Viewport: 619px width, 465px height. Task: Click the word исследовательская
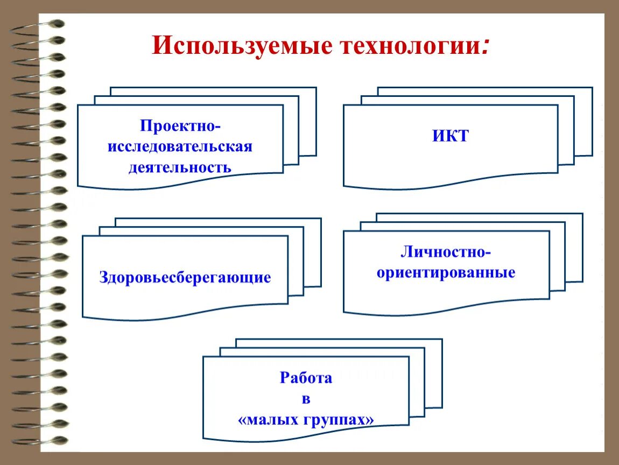pyautogui.click(x=180, y=147)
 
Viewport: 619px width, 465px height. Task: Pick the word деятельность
pyautogui.click(x=180, y=167)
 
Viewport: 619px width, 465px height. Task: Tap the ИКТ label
pyautogui.click(x=451, y=136)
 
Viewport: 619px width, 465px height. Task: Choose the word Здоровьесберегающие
pyautogui.click(x=185, y=278)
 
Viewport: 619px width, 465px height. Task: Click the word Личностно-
pyautogui.click(x=446, y=252)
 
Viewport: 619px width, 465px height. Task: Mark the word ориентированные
pyautogui.click(x=446, y=272)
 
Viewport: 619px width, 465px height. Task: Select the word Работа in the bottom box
pyautogui.click(x=306, y=378)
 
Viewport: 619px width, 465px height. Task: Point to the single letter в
pyautogui.click(x=306, y=399)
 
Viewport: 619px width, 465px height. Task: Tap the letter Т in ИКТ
pyautogui.click(x=463, y=136)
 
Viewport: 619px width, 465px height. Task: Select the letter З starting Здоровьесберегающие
pyautogui.click(x=104, y=278)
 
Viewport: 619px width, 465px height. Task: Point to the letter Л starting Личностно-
pyautogui.click(x=406, y=252)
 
